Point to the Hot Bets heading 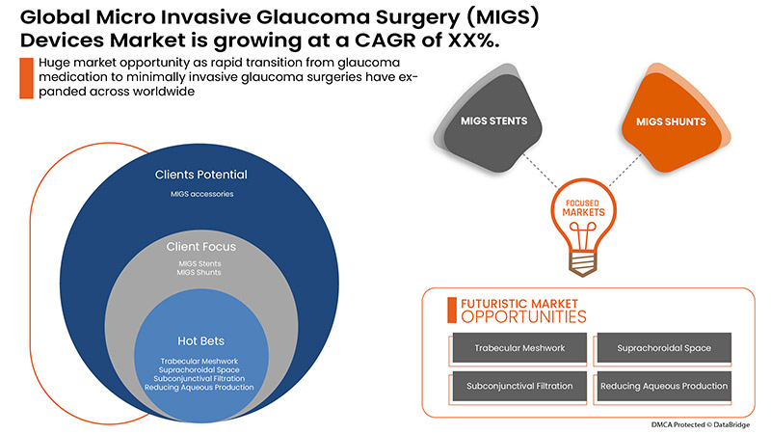click(x=200, y=340)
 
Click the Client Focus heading click(x=200, y=247)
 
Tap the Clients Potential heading click(x=200, y=175)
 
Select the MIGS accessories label click(x=200, y=195)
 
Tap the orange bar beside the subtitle click(x=23, y=77)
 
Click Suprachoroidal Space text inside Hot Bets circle click(x=200, y=369)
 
